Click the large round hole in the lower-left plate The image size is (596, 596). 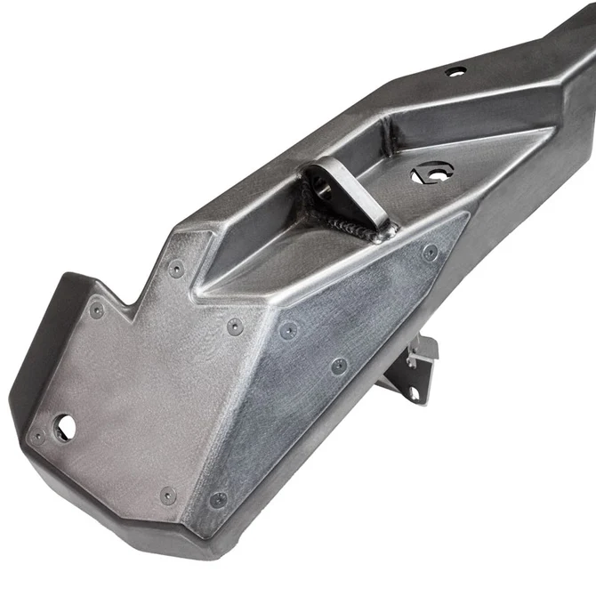(x=64, y=428)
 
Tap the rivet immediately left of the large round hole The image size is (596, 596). (x=37, y=437)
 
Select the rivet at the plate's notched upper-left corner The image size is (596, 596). (x=97, y=310)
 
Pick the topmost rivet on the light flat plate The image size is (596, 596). (x=176, y=267)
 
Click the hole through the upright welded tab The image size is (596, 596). (x=321, y=189)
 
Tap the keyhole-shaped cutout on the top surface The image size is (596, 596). (x=432, y=173)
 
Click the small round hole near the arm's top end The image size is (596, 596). (x=455, y=71)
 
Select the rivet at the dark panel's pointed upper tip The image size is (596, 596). (x=431, y=252)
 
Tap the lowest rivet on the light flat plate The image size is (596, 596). (x=167, y=495)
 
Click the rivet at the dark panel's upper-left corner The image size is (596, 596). (x=287, y=331)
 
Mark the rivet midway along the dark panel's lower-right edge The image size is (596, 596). (x=339, y=366)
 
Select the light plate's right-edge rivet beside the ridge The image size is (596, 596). (x=234, y=326)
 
